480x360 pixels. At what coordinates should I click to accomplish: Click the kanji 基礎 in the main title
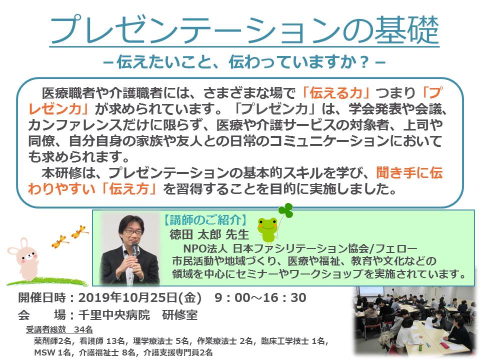tap(407, 30)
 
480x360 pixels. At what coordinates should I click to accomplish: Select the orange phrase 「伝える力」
tap(336, 93)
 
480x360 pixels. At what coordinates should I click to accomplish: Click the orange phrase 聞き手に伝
tap(409, 173)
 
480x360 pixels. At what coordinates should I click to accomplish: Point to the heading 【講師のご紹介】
tap(205, 220)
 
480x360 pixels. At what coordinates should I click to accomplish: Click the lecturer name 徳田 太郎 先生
tap(209, 234)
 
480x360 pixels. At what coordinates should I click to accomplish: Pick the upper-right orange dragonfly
tap(80, 231)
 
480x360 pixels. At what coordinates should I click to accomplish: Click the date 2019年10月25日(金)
tap(140, 297)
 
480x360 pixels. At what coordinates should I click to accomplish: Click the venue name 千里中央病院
tap(114, 314)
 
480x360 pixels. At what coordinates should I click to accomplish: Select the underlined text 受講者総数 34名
tap(59, 329)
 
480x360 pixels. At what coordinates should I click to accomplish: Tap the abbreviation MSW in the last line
tap(44, 352)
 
